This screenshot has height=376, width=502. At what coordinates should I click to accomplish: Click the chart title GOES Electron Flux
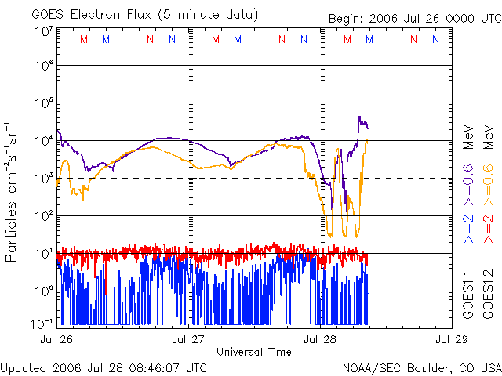pyautogui.click(x=144, y=14)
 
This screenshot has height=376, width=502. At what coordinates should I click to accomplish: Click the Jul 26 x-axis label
pyautogui.click(x=57, y=339)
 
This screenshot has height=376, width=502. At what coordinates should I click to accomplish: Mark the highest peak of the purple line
pyautogui.click(x=359, y=117)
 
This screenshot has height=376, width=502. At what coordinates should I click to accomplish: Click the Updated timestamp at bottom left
pyautogui.click(x=104, y=367)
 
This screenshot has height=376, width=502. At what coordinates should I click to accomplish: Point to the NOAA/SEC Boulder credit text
pyautogui.click(x=421, y=367)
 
